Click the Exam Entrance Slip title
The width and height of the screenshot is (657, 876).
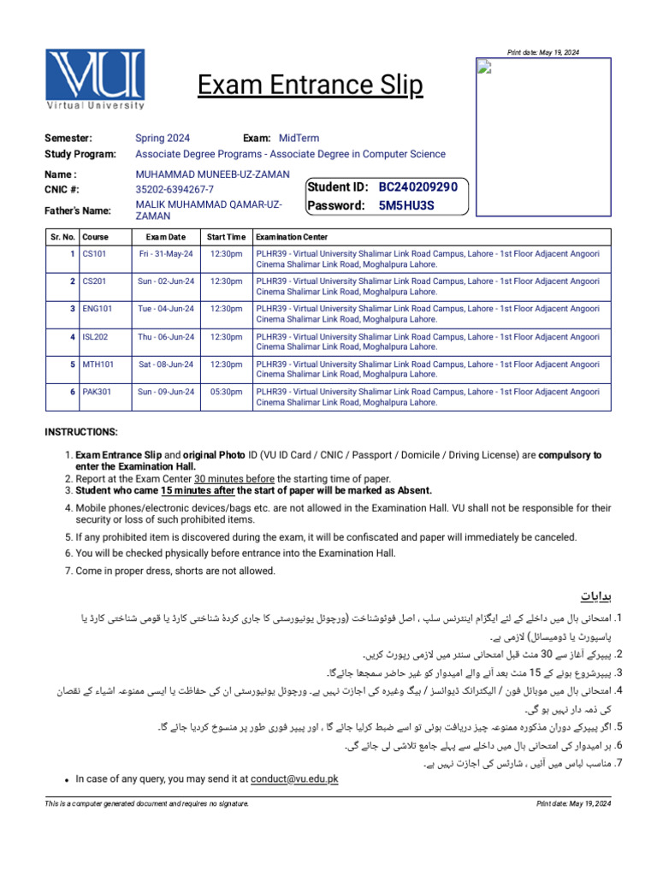point(311,86)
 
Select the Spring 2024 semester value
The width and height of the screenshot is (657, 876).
point(163,139)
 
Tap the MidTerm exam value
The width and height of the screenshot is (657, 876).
point(299,139)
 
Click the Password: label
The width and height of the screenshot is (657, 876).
point(336,205)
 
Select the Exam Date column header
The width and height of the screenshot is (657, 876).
point(165,237)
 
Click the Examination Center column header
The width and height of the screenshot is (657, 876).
point(291,237)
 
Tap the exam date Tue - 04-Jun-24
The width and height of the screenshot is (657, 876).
point(165,309)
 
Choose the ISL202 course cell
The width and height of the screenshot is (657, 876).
point(95,337)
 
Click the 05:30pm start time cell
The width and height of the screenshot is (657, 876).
point(226,392)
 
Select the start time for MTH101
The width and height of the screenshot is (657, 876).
point(226,364)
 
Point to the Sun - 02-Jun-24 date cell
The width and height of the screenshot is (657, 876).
point(165,281)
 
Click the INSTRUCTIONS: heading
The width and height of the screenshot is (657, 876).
point(81,432)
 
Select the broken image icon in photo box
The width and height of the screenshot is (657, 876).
point(483,68)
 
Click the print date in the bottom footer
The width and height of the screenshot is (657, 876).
point(573,804)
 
